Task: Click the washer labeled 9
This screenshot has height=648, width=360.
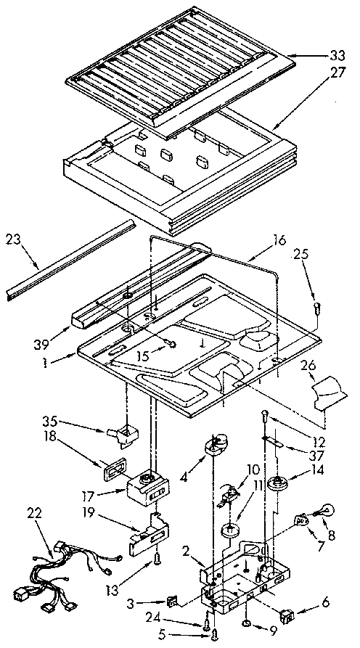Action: point(249,623)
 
